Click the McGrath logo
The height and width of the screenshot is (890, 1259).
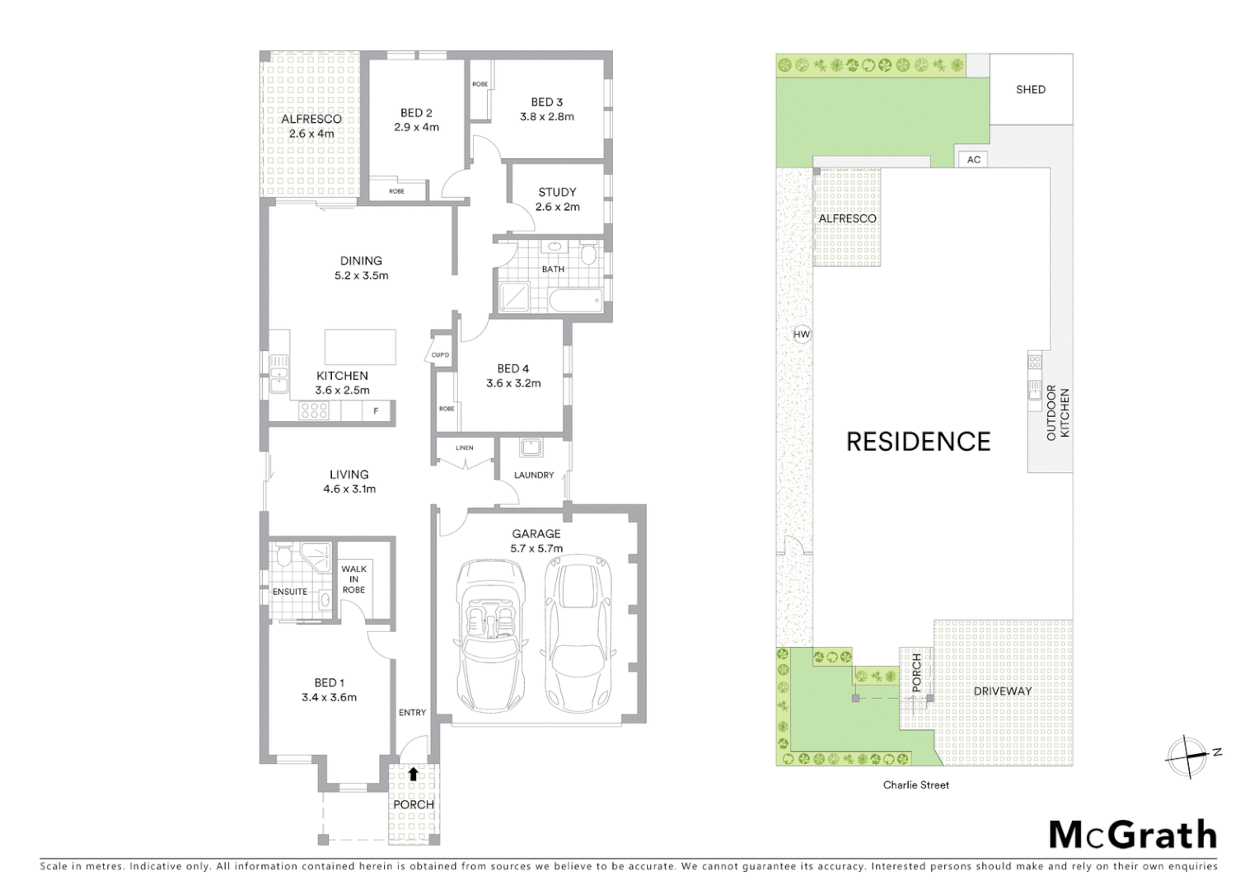[x=1133, y=835]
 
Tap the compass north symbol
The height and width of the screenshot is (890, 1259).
[x=1187, y=756]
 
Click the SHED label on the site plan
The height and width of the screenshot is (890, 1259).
[x=1030, y=90]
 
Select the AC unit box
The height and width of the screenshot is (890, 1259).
[x=974, y=159]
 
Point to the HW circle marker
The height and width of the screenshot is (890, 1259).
[x=801, y=335]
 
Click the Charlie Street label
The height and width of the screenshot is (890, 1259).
[x=915, y=785]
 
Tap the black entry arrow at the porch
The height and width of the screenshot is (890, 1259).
[x=413, y=775]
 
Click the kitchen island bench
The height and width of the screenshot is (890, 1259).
[x=360, y=347]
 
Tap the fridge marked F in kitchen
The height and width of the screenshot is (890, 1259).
[x=377, y=410]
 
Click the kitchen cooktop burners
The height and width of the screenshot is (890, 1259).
[x=314, y=410]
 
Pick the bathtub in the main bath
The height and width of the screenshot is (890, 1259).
[x=575, y=299]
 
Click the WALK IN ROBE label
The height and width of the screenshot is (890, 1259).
[x=353, y=579]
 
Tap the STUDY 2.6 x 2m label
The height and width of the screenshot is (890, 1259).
[x=557, y=199]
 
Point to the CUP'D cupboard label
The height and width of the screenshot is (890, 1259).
[x=440, y=355]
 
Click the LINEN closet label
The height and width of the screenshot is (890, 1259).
[x=465, y=448]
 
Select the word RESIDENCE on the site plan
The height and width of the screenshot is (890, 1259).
[x=918, y=442]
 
